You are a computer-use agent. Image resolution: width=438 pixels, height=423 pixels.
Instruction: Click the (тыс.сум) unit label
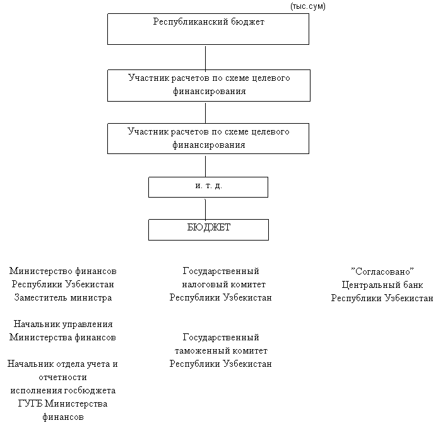307,6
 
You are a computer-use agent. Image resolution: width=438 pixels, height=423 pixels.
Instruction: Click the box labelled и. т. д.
208,187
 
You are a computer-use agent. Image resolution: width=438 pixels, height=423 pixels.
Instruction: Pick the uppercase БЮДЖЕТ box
208,228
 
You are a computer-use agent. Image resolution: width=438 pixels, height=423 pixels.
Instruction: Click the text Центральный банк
382,285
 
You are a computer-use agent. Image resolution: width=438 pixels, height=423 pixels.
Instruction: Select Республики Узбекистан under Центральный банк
382,298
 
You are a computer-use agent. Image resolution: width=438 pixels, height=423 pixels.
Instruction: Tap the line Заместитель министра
62,297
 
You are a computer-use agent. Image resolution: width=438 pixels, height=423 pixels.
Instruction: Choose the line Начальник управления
63,324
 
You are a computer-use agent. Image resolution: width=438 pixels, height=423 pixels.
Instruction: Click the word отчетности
62,377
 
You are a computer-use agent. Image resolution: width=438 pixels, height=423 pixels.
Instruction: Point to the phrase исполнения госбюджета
62,390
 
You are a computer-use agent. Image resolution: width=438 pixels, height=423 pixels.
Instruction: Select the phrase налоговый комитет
220,284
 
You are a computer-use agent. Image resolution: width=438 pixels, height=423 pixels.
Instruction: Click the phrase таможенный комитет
220,350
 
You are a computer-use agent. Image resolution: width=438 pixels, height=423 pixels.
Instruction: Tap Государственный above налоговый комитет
221,271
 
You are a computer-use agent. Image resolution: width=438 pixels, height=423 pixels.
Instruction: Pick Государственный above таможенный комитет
221,337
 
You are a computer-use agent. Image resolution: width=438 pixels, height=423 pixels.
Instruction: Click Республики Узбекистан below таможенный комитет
221,364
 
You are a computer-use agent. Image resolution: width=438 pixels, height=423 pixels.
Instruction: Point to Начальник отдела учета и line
62,364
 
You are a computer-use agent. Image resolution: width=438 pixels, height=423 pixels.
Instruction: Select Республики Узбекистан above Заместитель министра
63,284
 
